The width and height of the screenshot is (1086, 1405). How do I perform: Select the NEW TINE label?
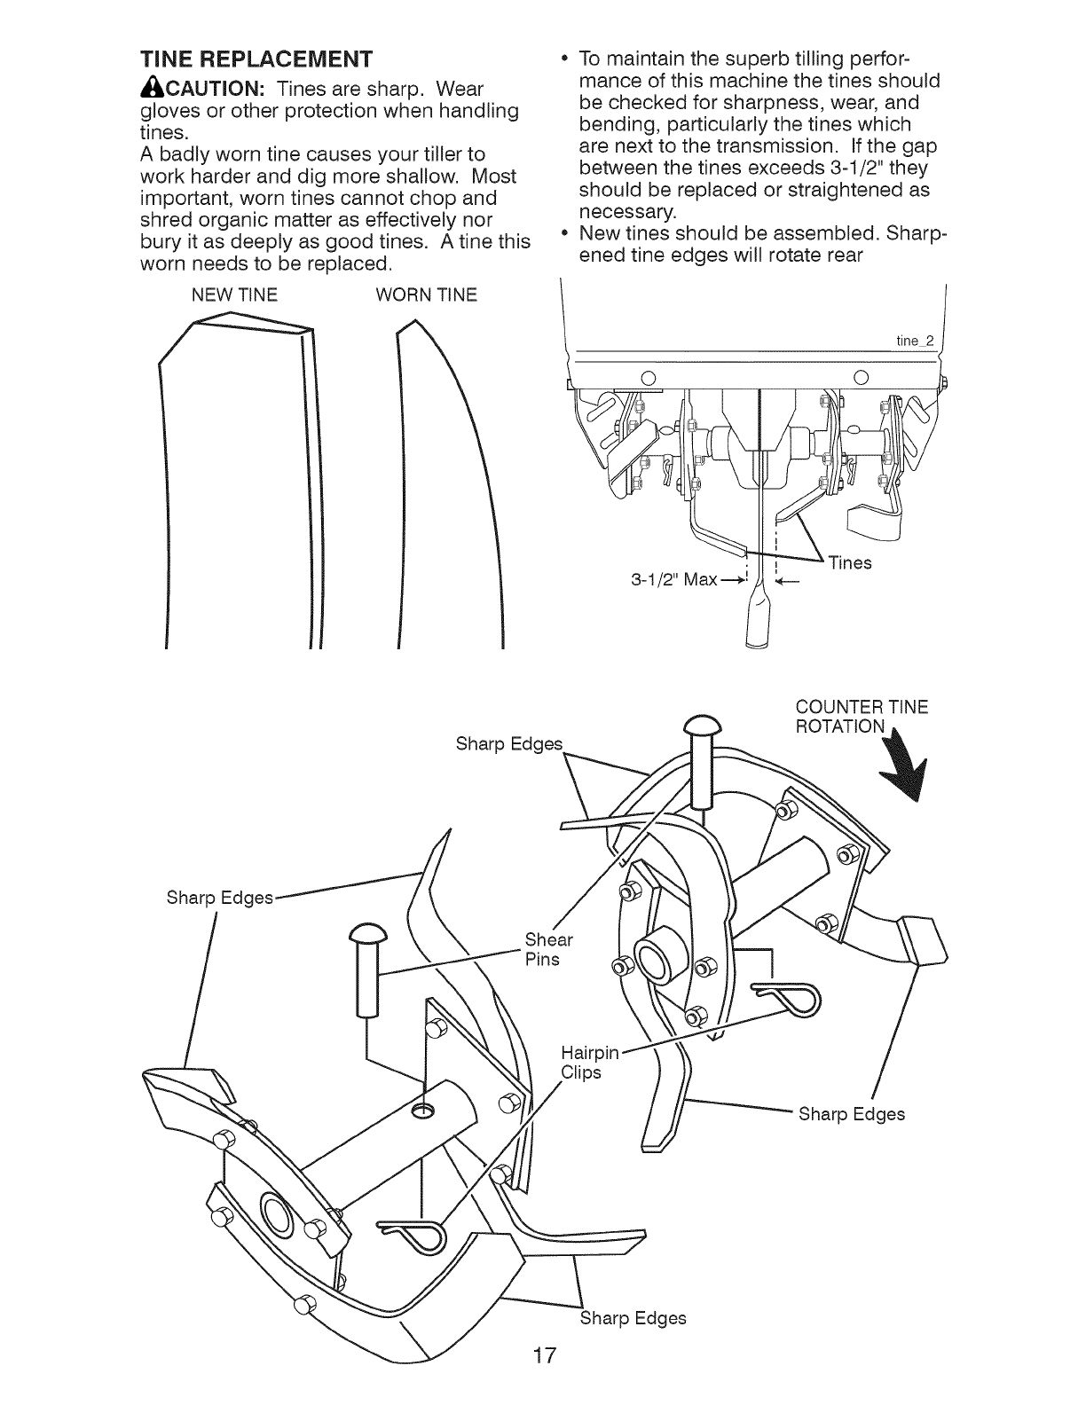pos(235,295)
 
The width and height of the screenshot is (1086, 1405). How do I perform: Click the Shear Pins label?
pos(548,949)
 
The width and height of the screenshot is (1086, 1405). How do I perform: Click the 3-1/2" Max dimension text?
pos(673,580)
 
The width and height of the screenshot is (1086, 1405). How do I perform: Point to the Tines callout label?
pos(849,563)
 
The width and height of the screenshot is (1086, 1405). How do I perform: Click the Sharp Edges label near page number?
pos(633,1318)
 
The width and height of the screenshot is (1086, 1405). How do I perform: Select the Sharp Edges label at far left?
pos(220,898)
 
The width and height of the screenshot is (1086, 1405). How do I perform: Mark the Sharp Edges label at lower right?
pos(851,1114)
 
